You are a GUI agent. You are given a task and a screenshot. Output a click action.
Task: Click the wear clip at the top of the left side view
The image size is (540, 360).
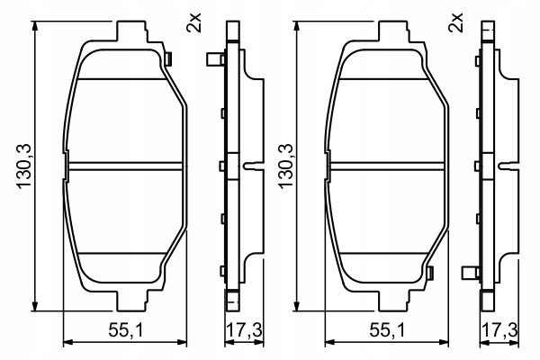pyautogui.click(x=213, y=61)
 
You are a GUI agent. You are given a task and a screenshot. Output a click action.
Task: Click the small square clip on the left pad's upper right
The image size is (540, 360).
pyautogui.click(x=169, y=59)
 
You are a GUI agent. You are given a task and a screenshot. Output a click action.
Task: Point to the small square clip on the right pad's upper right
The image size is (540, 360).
pyautogui.click(x=432, y=59)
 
